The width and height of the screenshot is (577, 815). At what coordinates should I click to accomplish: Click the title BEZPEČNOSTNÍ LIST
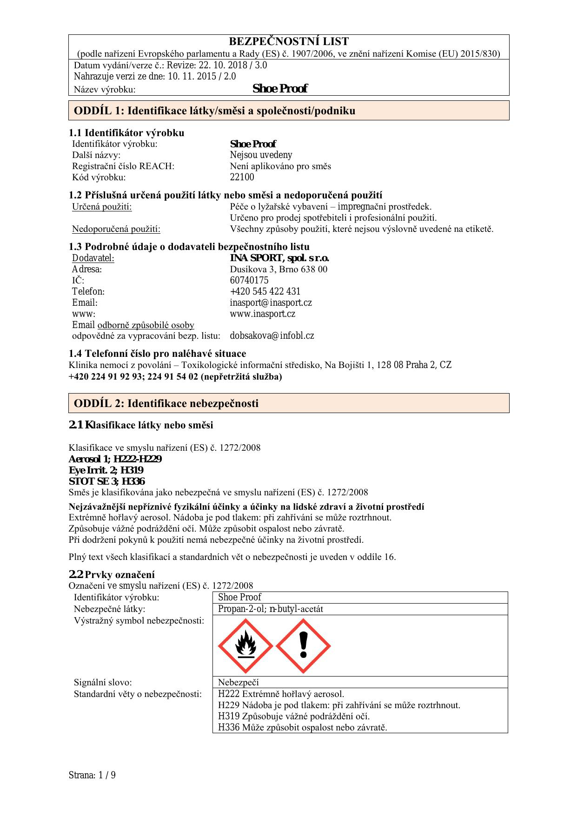coord(289,41)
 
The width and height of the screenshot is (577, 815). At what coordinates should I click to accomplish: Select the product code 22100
coord(242,177)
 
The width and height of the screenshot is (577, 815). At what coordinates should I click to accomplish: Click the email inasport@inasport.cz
coord(271,302)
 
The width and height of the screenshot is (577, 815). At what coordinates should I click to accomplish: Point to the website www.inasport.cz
coord(262,314)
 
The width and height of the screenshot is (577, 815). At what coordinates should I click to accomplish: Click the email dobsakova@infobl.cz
coord(272,335)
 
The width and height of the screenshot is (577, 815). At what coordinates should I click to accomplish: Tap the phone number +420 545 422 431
coord(265,291)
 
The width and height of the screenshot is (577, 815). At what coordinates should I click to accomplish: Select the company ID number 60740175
coord(249,280)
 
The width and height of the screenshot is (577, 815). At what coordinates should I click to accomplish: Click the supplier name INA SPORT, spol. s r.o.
coord(279,258)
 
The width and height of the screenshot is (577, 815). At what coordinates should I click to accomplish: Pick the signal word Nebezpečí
coord(238,682)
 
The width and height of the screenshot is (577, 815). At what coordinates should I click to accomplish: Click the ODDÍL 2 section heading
coord(166,403)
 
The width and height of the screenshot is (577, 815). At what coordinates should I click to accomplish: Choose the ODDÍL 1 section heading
coord(214,111)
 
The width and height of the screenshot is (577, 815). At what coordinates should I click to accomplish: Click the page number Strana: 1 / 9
coord(92,775)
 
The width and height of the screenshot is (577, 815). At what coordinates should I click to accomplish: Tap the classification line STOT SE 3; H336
coord(106,481)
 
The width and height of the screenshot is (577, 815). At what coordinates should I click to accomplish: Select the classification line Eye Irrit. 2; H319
coord(106,470)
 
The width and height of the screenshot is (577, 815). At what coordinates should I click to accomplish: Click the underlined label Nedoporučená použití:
coord(116,229)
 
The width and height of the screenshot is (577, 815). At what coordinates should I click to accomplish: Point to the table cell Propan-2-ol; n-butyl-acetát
coord(271,609)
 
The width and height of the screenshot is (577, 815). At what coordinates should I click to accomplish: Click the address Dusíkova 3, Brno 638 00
coord(279,269)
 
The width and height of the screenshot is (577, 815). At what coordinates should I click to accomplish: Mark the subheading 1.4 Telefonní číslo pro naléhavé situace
coord(157,354)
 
